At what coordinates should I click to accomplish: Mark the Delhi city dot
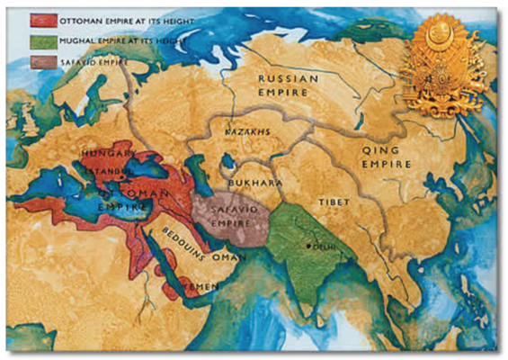309,246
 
